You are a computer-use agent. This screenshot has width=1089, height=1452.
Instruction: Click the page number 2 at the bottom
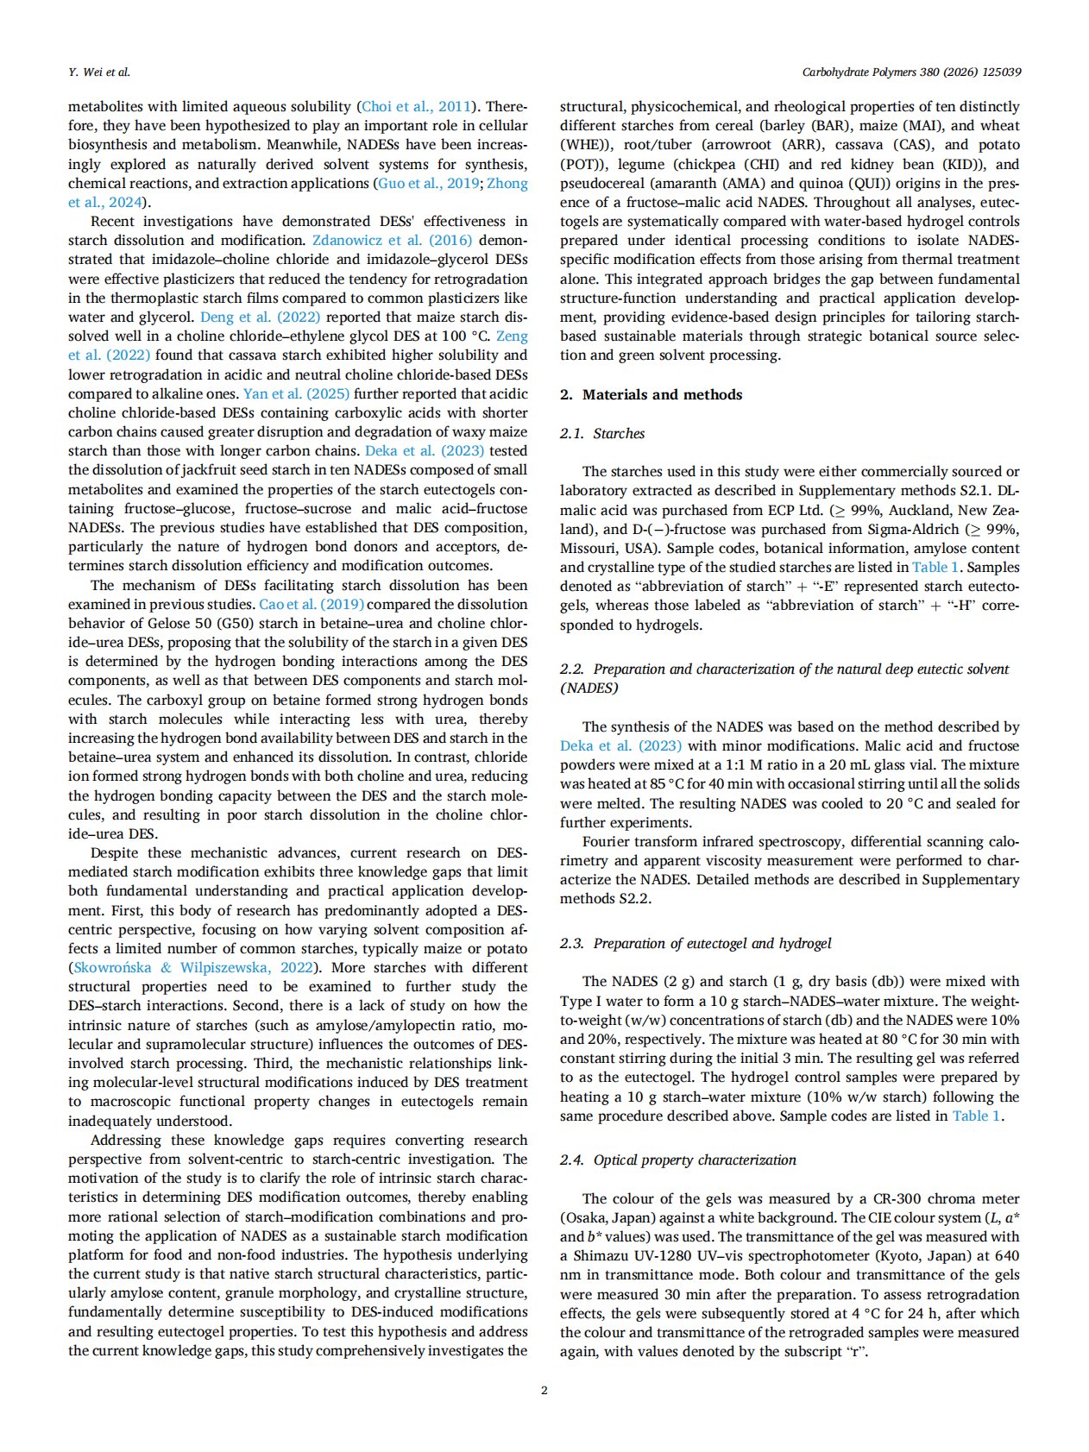(544, 1390)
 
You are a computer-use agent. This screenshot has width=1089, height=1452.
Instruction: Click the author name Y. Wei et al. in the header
(99, 72)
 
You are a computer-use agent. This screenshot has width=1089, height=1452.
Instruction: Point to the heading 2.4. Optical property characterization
(677, 1160)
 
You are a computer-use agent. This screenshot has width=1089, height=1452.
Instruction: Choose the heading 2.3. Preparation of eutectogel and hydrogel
(696, 943)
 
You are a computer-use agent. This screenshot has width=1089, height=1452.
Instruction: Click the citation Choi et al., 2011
(417, 107)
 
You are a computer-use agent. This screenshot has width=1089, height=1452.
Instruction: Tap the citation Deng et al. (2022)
(260, 317)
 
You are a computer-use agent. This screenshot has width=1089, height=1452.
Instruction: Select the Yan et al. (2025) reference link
(296, 393)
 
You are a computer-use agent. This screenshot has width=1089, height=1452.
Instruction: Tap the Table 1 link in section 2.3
(976, 1116)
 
